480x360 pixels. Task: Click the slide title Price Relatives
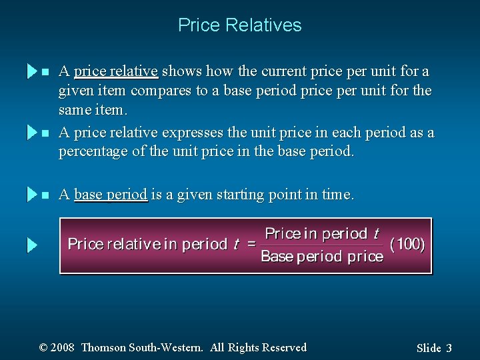tap(239, 25)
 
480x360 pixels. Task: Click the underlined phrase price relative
tap(115, 71)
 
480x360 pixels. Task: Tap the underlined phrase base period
tap(111, 195)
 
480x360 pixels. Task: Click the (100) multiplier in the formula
tap(407, 244)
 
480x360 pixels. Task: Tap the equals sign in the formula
tap(252, 244)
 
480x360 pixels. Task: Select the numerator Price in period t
tap(322, 233)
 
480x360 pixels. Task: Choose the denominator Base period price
tap(322, 257)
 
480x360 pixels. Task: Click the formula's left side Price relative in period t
tap(153, 244)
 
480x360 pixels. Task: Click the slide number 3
tap(449, 348)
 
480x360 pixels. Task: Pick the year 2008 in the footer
tap(62, 347)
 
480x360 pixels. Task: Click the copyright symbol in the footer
tap(43, 347)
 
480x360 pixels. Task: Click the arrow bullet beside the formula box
tap(32, 245)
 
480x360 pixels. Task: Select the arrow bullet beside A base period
tap(32, 195)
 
